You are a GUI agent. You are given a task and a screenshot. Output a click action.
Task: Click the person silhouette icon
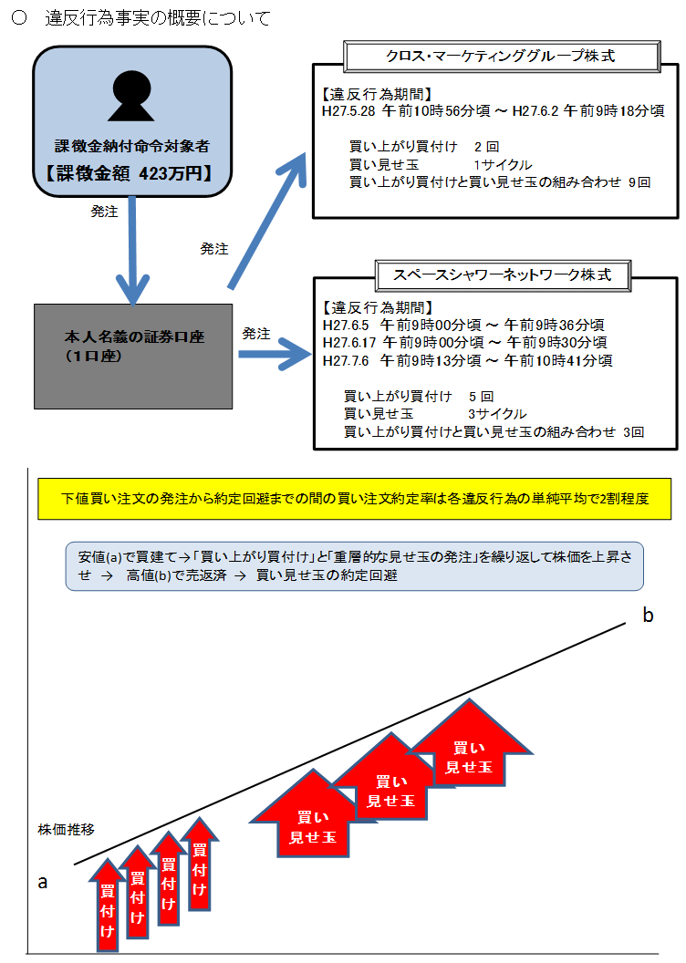click(x=131, y=96)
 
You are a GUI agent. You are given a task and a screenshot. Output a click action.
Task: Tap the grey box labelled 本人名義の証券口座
click(x=133, y=357)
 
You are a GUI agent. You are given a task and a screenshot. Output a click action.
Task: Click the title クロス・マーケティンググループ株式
click(x=501, y=57)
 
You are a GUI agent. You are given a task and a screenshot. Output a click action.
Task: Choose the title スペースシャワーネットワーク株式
click(x=503, y=275)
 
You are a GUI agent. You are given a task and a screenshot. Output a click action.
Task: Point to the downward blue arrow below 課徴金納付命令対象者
click(x=132, y=251)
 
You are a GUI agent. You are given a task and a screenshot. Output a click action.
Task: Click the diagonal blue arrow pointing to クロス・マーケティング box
click(x=266, y=221)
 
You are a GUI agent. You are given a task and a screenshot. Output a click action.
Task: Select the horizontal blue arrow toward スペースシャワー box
click(x=275, y=355)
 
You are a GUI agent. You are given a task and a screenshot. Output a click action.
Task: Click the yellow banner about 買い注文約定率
click(x=354, y=499)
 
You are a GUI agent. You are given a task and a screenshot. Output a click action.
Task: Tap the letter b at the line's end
click(x=648, y=615)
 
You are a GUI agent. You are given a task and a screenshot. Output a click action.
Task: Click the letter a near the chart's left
click(x=42, y=883)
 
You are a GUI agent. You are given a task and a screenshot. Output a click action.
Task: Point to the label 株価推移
click(x=67, y=830)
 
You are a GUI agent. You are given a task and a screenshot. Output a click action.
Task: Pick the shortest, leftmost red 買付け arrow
click(x=108, y=906)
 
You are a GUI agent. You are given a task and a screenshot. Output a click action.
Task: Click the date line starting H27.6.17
click(x=465, y=343)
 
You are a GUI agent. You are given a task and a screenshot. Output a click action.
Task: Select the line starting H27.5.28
click(x=494, y=111)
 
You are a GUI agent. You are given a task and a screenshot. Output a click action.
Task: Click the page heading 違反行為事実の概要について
click(x=158, y=18)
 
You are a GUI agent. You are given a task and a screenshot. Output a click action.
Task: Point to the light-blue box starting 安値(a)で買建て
click(x=354, y=566)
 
